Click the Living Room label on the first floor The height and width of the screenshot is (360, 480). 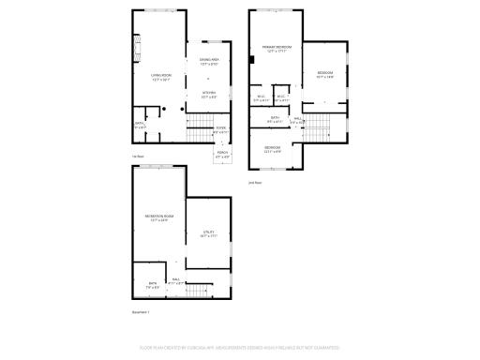pyautogui.click(x=160, y=77)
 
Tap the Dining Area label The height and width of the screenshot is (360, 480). pyautogui.click(x=208, y=62)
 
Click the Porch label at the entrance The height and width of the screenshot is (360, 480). pyautogui.click(x=223, y=156)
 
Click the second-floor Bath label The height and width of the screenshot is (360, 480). pyautogui.click(x=275, y=119)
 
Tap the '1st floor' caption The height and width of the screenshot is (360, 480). pyautogui.click(x=138, y=157)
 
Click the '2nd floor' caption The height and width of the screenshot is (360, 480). pyautogui.click(x=255, y=183)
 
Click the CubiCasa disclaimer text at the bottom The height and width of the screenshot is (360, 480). pyautogui.click(x=239, y=347)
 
